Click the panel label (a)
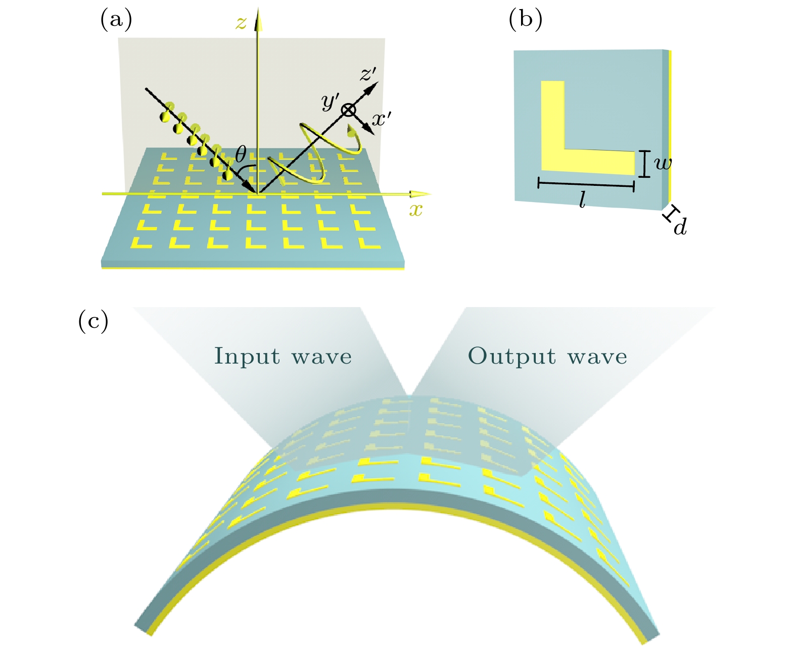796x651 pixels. coord(116,20)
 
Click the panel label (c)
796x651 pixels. coord(93,321)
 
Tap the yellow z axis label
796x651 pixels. coord(242,23)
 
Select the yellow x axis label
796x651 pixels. coord(415,209)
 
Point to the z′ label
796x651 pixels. coord(368,74)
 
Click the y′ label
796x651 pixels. coord(330,103)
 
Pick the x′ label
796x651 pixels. coord(381,119)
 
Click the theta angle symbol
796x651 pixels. coord(241,154)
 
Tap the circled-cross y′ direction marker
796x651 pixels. coord(349,110)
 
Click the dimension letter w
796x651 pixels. coord(663,163)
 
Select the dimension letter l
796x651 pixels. coord(582,201)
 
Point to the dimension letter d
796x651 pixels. coord(680,227)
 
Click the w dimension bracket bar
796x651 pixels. coord(644,164)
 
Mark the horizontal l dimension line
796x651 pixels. coord(586,184)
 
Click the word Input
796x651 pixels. coord(247,356)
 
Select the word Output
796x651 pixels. coord(511,356)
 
